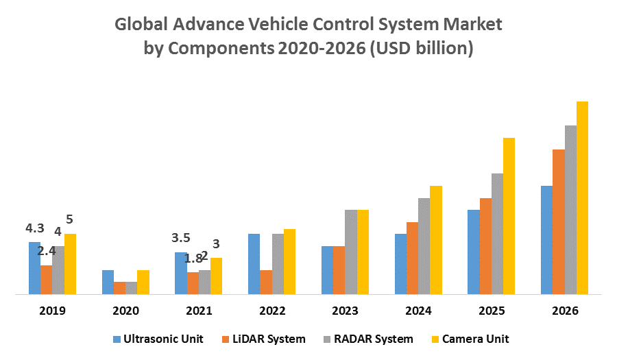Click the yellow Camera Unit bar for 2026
[582, 198]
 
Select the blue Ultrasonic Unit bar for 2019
[34, 268]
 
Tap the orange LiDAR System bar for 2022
[266, 282]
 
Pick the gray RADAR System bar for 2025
[497, 234]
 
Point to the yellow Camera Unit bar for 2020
[143, 282]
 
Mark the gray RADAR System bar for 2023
[350, 252]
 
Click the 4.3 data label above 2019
[35, 228]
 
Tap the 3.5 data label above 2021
[181, 238]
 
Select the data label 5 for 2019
[69, 220]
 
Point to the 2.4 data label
[47, 251]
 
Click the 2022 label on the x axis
[272, 311]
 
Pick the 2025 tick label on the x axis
[492, 311]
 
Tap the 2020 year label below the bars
[125, 311]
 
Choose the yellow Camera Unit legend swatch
[433, 339]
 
